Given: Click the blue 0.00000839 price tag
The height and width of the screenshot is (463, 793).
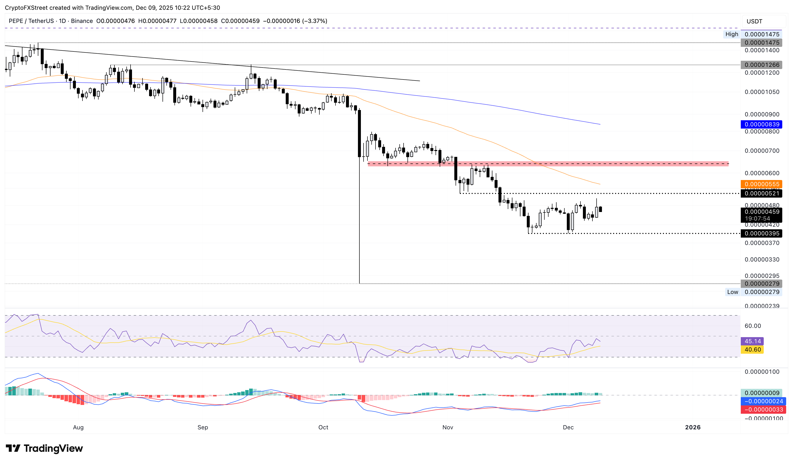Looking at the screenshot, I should (762, 124).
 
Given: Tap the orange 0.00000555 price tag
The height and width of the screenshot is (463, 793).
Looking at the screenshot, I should (762, 184).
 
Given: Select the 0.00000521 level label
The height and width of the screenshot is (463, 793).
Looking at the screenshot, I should (762, 193).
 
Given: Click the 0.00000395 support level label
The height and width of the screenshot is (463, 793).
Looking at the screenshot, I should (762, 233).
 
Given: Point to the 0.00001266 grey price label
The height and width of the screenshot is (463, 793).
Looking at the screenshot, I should (762, 65).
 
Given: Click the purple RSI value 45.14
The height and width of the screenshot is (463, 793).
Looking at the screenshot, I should (752, 341).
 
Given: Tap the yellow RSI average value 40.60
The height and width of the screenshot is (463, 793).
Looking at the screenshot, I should (752, 350).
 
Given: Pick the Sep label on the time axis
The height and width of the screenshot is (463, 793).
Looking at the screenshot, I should (203, 427).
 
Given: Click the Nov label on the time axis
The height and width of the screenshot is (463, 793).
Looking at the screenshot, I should (447, 427).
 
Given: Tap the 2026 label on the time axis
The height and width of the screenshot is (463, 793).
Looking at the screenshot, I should (693, 427).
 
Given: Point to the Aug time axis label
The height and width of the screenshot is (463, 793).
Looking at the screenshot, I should (78, 427).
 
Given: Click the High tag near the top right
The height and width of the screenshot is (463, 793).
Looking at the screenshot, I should (732, 34).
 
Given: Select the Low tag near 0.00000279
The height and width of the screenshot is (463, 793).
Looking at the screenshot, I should (732, 292).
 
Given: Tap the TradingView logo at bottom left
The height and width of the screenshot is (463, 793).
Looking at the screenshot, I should (44, 448).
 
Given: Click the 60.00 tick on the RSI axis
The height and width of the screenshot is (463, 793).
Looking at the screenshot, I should (753, 326).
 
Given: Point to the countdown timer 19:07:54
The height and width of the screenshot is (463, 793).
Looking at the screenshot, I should (757, 219).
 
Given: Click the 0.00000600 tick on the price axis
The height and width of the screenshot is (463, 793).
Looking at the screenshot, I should (762, 173).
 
